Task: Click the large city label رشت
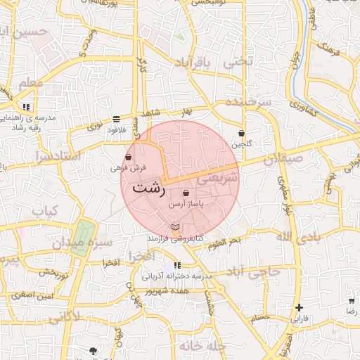coord(149,188)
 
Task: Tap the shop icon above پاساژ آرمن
coord(186,193)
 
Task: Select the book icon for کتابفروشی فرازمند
coord(176,227)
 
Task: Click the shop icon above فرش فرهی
coord(129,157)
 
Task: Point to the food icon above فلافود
coord(116,120)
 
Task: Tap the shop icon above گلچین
coord(241,133)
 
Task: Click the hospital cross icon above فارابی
coord(300,307)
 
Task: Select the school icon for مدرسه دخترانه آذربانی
coord(177,265)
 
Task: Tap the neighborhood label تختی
coord(236,61)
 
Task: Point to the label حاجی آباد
coord(260,271)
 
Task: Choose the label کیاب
coord(44,211)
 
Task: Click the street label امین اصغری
coord(37,297)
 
